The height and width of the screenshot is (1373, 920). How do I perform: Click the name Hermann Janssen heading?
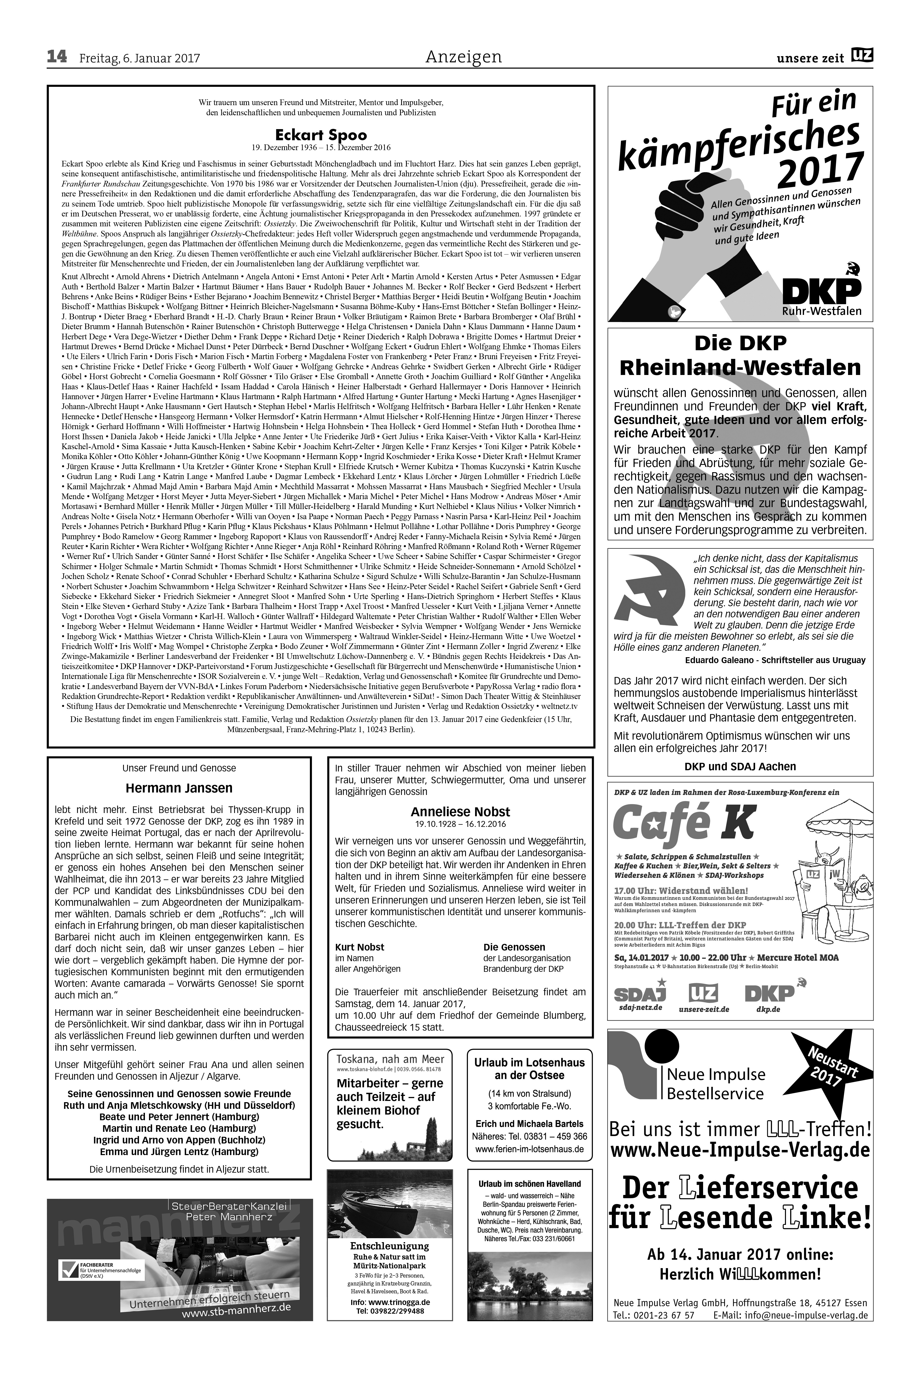179,788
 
